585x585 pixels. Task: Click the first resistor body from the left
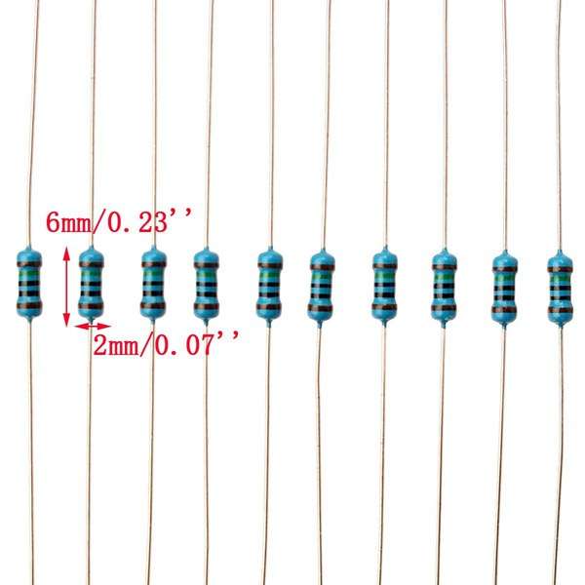click(29, 283)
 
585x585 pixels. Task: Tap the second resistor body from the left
click(91, 283)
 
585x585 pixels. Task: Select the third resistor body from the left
click(153, 283)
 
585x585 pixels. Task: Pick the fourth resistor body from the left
click(207, 284)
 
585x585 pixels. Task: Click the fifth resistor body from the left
click(269, 285)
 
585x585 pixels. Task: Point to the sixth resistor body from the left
click(322, 286)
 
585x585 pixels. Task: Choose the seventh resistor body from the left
click(385, 286)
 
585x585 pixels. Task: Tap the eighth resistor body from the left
click(445, 287)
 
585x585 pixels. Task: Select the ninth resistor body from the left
click(504, 288)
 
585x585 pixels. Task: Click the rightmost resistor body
click(560, 288)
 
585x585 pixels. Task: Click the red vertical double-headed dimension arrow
click(66, 286)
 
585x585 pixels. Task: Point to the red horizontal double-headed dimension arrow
click(93, 326)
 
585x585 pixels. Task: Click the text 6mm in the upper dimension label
click(68, 223)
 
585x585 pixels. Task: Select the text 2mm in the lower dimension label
click(116, 345)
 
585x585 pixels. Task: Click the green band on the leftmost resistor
click(29, 276)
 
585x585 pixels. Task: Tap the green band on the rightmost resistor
click(560, 280)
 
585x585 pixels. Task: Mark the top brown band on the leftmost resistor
click(29, 264)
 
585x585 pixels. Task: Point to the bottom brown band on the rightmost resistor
click(560, 311)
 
